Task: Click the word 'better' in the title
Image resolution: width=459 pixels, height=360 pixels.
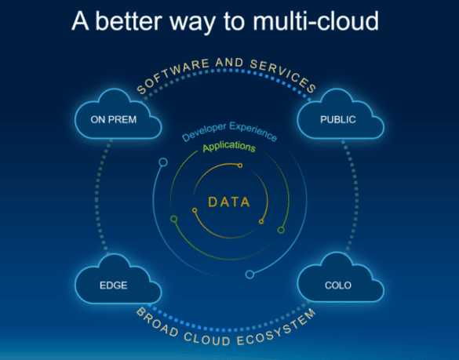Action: pos(129,21)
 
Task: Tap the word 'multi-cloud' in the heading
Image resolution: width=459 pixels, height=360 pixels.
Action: pos(315,21)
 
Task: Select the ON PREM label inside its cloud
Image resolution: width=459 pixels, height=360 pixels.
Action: pos(114,120)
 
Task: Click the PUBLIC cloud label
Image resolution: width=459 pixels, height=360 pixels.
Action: pos(338,120)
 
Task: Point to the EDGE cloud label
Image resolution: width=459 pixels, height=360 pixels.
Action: pos(114,285)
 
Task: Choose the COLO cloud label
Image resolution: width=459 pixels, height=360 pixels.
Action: pos(338,285)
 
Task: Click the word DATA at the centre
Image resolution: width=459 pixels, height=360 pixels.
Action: pos(229,202)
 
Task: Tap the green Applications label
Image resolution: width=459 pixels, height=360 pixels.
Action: pos(229,147)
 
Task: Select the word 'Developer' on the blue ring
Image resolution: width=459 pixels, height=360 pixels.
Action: pos(204,132)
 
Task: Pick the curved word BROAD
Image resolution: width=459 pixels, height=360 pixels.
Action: pos(157,322)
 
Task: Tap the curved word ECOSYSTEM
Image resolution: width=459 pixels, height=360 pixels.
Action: pos(277,327)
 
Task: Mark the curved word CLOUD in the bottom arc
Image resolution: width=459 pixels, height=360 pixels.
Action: pos(207,339)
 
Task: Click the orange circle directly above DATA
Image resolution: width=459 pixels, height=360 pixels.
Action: pos(240,165)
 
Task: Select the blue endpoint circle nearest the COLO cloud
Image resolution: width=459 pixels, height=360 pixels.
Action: pos(250,275)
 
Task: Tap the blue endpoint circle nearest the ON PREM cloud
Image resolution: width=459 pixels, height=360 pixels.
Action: pos(163,162)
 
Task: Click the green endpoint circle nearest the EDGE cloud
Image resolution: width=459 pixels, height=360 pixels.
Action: pos(174,219)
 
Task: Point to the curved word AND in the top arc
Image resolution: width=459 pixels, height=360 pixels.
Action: pos(229,62)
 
